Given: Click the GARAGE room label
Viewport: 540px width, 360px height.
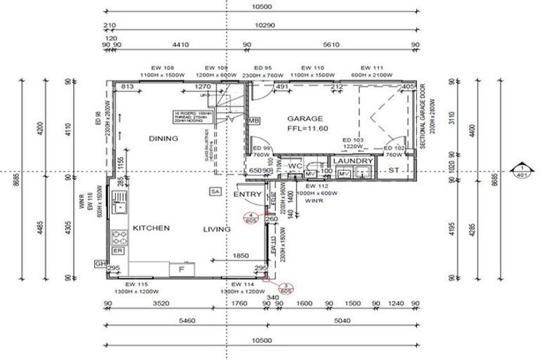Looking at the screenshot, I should pyautogui.click(x=303, y=119).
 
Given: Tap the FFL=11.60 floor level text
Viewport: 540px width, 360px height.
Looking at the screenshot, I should pyautogui.click(x=303, y=129).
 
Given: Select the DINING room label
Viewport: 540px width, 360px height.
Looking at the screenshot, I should pyautogui.click(x=163, y=139).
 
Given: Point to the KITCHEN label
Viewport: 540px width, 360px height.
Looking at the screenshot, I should pyautogui.click(x=149, y=229).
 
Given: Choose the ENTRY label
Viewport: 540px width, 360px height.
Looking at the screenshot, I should pyautogui.click(x=247, y=194).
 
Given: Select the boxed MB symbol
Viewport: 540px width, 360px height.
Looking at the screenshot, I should pyautogui.click(x=254, y=121).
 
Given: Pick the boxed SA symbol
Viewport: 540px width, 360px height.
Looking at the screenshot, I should pyautogui.click(x=215, y=191).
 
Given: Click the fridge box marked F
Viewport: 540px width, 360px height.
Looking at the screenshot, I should pyautogui.click(x=181, y=269).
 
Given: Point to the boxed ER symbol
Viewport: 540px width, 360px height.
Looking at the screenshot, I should pyautogui.click(x=118, y=250).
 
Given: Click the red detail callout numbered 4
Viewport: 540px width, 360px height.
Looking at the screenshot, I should pyautogui.click(x=250, y=217).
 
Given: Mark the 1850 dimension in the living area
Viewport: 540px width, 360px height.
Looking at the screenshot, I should pyautogui.click(x=240, y=256).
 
